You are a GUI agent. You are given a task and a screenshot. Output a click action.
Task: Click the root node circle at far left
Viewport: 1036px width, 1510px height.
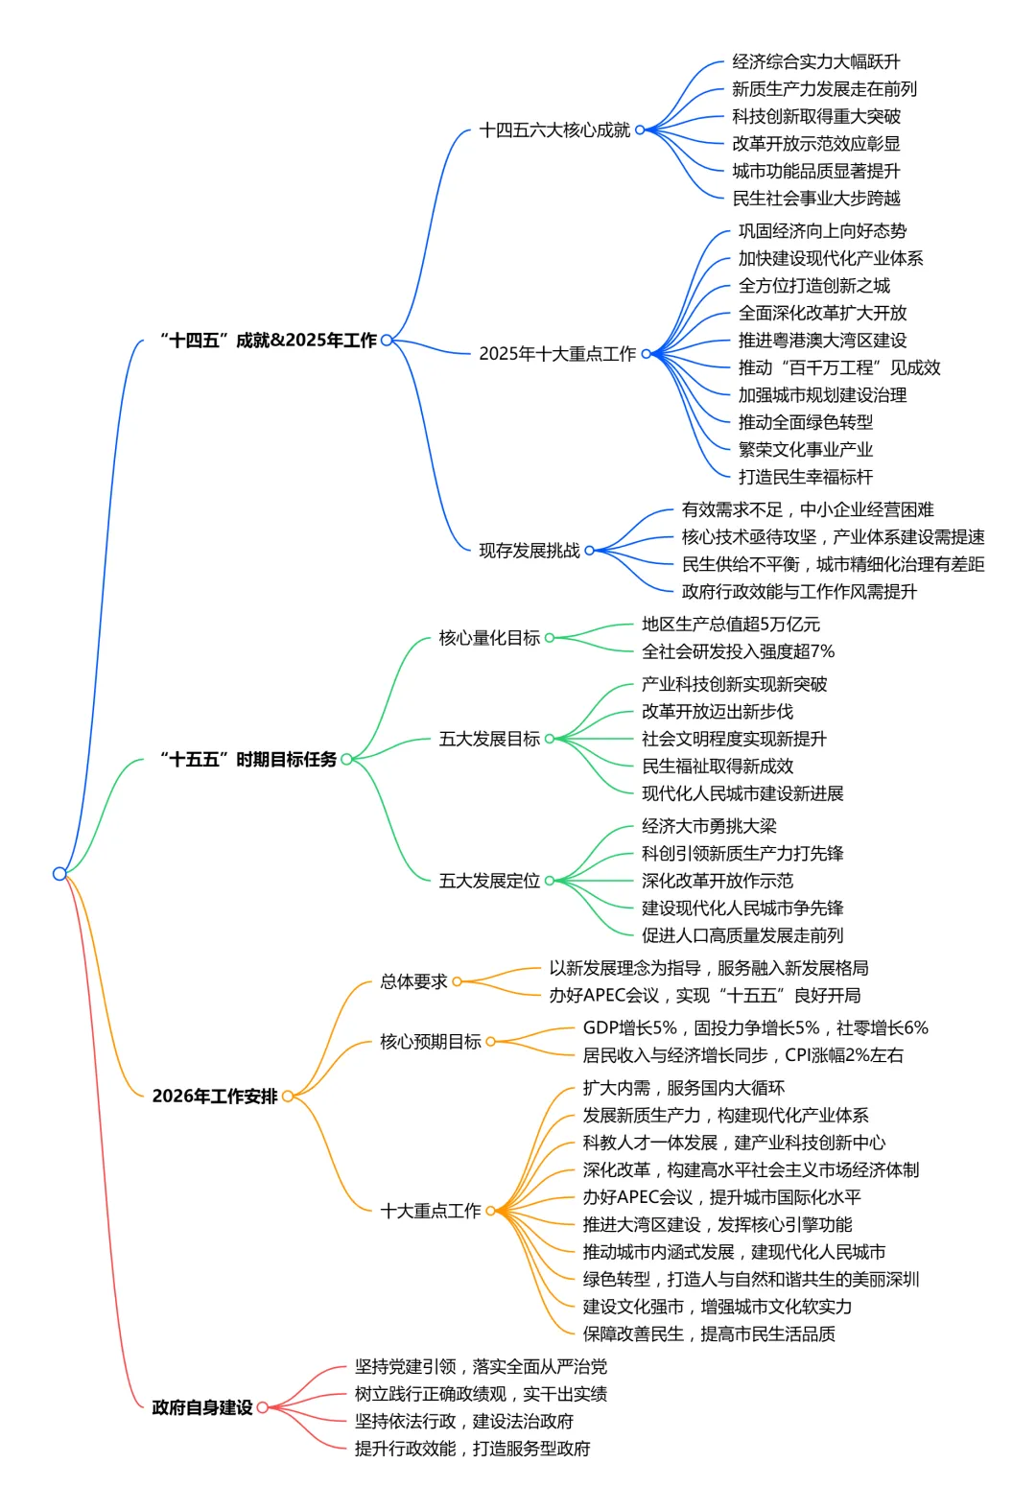pyautogui.click(x=59, y=873)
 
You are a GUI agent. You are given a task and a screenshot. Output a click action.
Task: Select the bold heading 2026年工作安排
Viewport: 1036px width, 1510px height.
pyautogui.click(x=214, y=1096)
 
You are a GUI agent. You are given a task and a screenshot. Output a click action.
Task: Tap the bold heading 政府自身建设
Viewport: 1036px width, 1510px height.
pyautogui.click(x=202, y=1407)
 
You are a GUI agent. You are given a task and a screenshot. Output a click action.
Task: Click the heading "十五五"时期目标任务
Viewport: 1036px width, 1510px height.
pyautogui.click(x=248, y=759)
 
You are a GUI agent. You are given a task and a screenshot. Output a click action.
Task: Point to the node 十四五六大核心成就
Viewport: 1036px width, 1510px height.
pyautogui.click(x=554, y=130)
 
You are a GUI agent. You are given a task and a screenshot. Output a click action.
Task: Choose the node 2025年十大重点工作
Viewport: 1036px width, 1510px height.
pyautogui.click(x=557, y=353)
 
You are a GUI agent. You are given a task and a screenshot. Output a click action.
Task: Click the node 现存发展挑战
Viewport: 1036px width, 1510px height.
pyautogui.click(x=530, y=550)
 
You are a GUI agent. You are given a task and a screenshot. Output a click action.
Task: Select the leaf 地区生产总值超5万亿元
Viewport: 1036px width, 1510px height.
pyautogui.click(x=731, y=624)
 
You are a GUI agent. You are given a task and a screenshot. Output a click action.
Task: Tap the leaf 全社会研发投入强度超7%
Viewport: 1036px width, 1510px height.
pyautogui.click(x=738, y=651)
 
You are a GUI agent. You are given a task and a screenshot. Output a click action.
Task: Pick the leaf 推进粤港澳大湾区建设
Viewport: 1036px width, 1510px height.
pyautogui.click(x=822, y=340)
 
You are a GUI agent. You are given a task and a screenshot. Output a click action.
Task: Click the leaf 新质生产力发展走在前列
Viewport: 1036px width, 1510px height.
pyautogui.click(x=824, y=88)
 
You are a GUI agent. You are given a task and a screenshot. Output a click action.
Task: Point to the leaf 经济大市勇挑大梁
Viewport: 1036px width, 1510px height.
pyautogui.click(x=709, y=825)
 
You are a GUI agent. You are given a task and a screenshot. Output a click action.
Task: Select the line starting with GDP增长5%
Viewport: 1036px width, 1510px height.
pyautogui.click(x=755, y=1027)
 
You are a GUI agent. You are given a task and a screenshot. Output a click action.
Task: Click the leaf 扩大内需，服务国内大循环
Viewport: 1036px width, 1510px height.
pyautogui.click(x=683, y=1087)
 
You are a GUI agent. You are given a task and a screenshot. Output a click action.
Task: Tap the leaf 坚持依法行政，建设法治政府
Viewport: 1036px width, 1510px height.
pyautogui.click(x=463, y=1421)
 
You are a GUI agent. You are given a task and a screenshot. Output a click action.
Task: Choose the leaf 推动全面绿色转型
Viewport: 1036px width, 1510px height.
pyautogui.click(x=805, y=421)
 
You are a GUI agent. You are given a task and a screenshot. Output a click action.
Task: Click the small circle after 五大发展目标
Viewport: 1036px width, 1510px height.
pyautogui.click(x=550, y=739)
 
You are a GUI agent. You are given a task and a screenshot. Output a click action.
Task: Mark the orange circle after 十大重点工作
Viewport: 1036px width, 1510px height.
pyautogui.click(x=490, y=1211)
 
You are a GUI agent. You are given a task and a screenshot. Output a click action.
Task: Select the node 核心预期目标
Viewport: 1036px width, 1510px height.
pyautogui.click(x=430, y=1041)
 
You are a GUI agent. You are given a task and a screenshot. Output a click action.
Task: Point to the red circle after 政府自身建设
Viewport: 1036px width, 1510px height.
pyautogui.click(x=262, y=1407)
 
